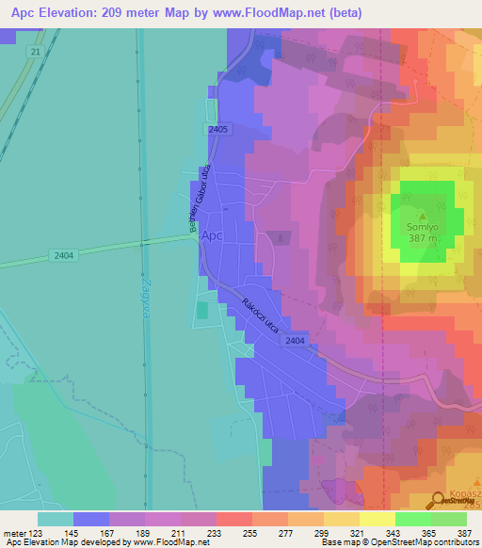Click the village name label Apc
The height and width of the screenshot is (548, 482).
(x=213, y=236)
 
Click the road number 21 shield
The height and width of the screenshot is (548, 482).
(x=36, y=53)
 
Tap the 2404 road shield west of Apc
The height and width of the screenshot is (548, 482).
(x=64, y=255)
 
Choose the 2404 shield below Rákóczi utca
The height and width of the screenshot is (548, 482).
(x=295, y=341)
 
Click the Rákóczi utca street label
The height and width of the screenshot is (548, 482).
(x=261, y=317)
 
